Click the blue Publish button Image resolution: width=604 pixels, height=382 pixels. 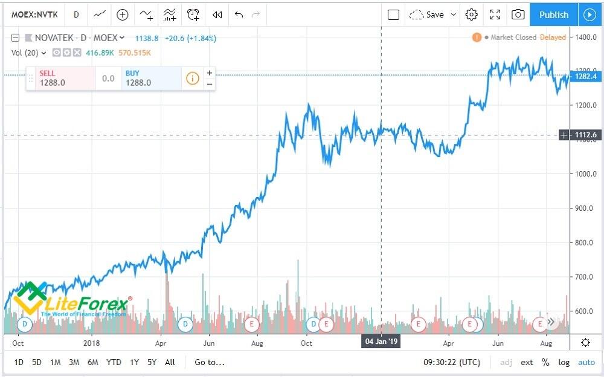click(x=553, y=15)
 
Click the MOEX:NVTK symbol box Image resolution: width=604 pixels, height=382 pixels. click(x=34, y=15)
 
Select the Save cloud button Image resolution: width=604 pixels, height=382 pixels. click(x=427, y=15)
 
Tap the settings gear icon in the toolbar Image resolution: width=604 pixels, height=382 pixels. click(x=472, y=15)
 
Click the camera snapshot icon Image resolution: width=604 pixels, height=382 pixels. click(x=518, y=15)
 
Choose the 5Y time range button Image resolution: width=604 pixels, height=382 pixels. click(x=152, y=362)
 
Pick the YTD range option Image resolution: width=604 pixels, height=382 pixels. click(x=114, y=362)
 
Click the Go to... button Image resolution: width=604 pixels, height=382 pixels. click(x=210, y=362)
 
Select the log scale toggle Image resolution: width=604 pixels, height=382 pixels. click(x=564, y=362)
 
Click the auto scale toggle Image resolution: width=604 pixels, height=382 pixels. click(x=586, y=362)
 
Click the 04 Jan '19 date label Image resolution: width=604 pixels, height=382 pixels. click(x=382, y=342)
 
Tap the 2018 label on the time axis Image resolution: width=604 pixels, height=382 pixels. click(x=92, y=343)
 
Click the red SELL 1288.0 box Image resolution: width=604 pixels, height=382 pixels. click(x=60, y=78)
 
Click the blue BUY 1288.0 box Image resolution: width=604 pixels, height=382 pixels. click(x=151, y=78)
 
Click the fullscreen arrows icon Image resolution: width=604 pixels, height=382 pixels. click(x=495, y=15)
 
